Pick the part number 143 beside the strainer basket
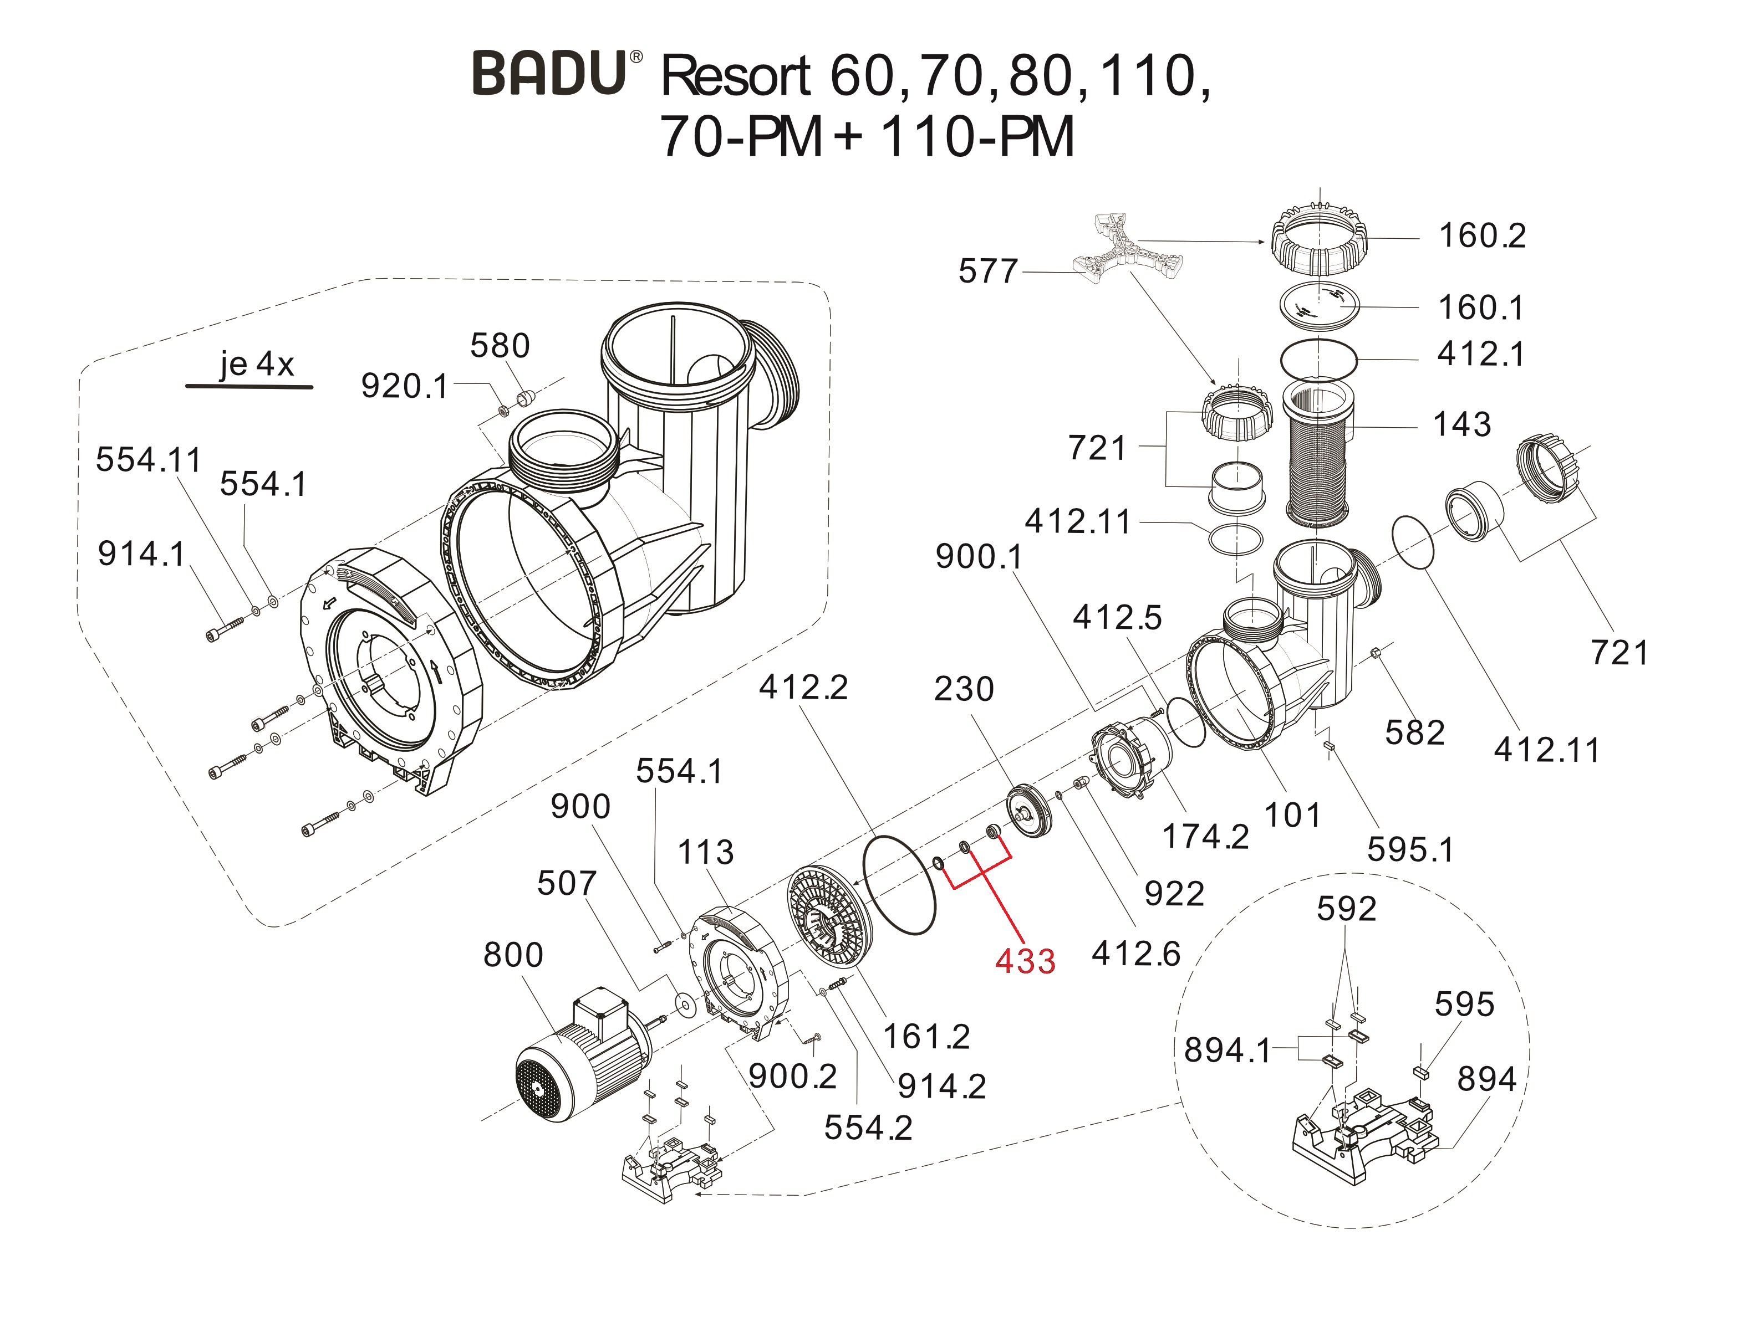1462,425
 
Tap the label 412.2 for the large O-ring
803,687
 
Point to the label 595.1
1410,849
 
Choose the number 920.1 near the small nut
404,386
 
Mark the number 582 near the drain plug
1414,733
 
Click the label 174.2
1205,836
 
